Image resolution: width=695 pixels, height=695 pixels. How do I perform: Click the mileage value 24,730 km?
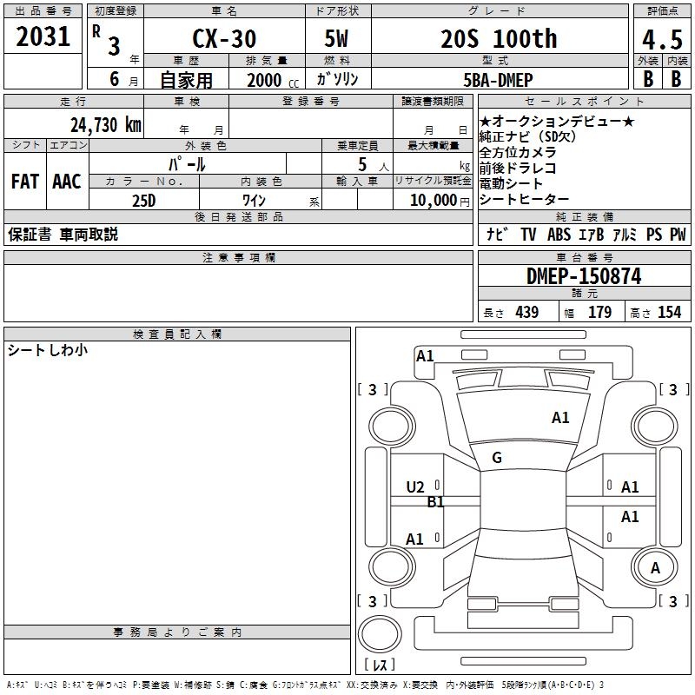105,124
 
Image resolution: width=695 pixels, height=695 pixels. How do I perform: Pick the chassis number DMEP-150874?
584,276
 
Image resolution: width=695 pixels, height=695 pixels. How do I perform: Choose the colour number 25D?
143,200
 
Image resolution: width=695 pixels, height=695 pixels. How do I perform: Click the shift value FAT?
25,182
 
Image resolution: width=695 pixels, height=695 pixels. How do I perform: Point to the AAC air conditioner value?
67,182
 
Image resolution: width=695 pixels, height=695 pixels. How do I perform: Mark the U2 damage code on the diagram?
415,487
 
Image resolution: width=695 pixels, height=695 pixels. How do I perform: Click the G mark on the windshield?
497,458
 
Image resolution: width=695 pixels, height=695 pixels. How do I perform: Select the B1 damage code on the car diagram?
436,502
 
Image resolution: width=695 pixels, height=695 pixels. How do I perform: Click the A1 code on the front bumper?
425,355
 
